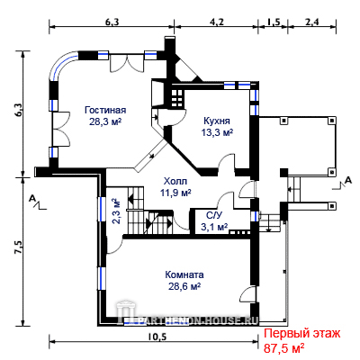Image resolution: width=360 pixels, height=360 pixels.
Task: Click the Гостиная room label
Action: (105, 110)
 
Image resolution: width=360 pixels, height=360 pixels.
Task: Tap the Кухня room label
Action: (217, 121)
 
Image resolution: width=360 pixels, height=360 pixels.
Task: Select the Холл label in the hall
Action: (175, 182)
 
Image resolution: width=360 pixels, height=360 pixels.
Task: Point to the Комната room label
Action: (184, 274)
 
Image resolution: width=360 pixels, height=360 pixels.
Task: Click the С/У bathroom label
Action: (213, 215)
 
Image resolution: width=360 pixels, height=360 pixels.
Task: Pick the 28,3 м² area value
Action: (105, 121)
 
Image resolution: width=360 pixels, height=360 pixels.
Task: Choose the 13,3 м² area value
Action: (217, 132)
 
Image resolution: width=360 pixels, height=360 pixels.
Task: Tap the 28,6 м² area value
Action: (184, 286)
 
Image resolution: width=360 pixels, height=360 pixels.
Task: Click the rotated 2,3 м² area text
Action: (116, 211)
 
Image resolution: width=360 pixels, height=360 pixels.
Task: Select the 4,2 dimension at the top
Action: (217, 22)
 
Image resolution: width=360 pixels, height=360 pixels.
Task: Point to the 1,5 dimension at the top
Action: (274, 22)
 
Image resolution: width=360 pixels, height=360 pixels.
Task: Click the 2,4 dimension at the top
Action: (312, 22)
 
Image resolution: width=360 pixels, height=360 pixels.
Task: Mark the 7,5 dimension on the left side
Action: (19, 247)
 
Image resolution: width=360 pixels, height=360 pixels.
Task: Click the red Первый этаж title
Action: (302, 334)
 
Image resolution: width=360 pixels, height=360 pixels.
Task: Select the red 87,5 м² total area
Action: (284, 348)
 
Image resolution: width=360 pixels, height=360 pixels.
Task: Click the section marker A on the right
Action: (348, 180)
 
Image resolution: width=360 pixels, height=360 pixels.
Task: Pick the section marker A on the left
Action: (31, 198)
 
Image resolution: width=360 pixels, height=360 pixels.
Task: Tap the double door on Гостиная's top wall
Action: (127, 62)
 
